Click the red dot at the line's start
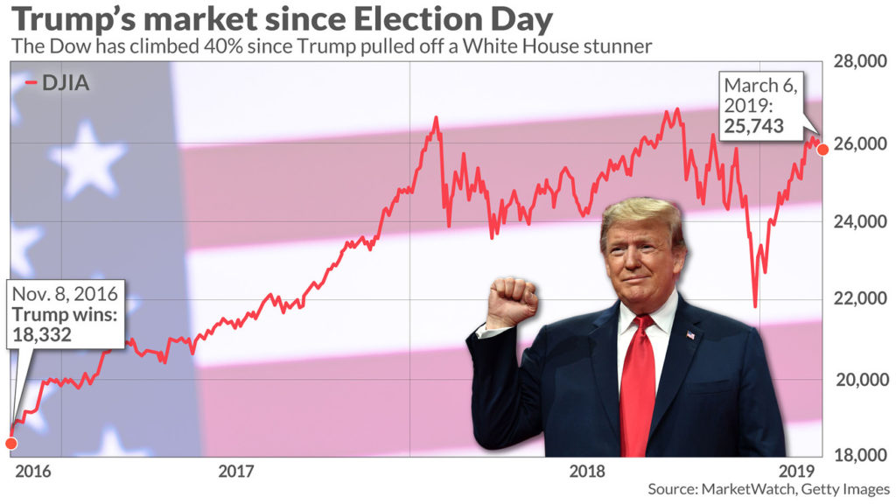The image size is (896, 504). [10, 443]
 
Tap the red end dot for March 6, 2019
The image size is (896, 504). [823, 150]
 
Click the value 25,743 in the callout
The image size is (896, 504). [753, 126]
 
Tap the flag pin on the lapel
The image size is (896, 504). [690, 334]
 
